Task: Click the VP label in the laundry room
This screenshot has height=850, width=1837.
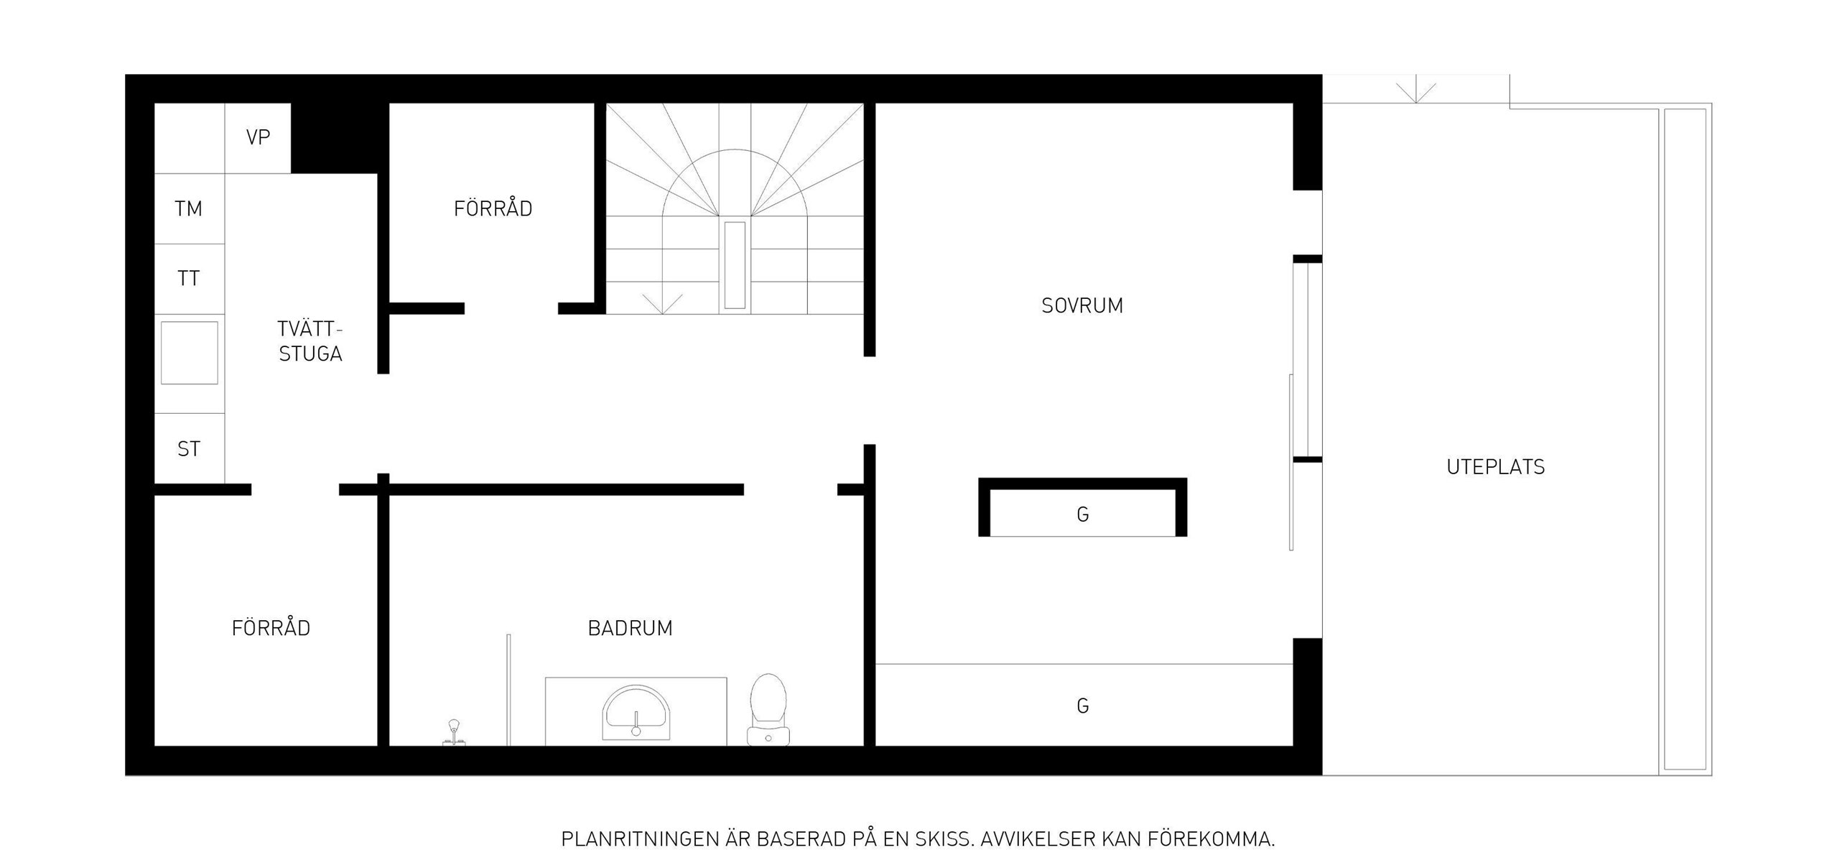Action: tap(258, 137)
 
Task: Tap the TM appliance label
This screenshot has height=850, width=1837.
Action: tap(188, 209)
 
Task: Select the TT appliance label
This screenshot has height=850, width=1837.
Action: tap(188, 279)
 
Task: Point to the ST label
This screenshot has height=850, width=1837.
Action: tap(188, 449)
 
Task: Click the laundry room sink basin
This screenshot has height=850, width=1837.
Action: tap(189, 353)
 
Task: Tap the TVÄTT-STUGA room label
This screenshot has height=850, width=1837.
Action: tap(310, 341)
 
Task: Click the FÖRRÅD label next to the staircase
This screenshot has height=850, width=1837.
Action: tap(493, 208)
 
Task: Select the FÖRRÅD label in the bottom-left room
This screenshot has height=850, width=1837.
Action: tap(271, 628)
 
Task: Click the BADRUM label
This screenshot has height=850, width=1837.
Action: tap(630, 628)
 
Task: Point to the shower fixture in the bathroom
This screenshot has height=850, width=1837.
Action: tap(454, 732)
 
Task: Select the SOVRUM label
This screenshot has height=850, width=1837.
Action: tap(1082, 306)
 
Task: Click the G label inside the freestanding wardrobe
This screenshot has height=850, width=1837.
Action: tap(1083, 514)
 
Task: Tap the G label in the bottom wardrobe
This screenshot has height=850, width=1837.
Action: tap(1083, 706)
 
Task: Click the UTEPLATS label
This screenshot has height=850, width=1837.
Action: tap(1495, 467)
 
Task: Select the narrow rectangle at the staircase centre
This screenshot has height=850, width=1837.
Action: tap(735, 265)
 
